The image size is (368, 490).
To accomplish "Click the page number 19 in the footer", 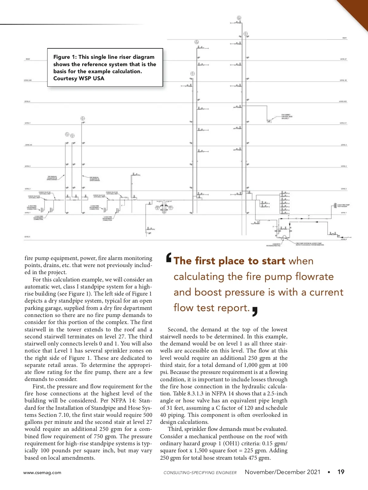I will (x=341, y=472).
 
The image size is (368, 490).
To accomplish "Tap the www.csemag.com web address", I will (x=42, y=473).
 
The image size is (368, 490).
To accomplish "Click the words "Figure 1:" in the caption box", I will (x=65, y=57).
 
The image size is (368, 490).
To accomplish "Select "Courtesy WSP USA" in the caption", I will (x=79, y=78).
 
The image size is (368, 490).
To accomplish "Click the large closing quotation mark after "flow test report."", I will (x=255, y=311).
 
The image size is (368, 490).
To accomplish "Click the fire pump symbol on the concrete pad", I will (x=284, y=237).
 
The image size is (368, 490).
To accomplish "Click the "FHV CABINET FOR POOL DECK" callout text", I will (x=287, y=116).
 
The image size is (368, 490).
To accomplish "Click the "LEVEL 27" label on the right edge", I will (x=343, y=59).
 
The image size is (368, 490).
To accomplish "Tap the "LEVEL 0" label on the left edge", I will (x=27, y=237).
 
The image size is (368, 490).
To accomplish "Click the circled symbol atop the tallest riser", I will (x=239, y=18).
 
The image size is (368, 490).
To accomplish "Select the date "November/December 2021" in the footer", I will (x=282, y=472).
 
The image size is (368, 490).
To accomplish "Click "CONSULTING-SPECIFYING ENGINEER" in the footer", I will (x=200, y=473).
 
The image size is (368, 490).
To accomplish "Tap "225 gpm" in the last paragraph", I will (x=254, y=450).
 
